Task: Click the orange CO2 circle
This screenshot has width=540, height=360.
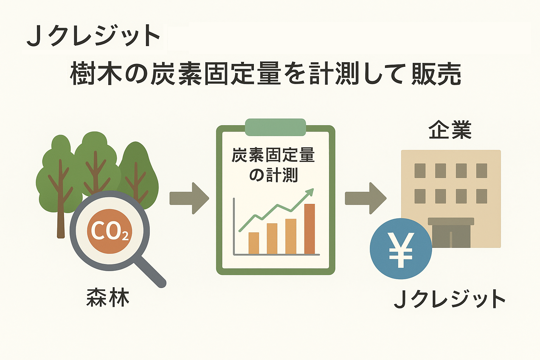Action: point(109,231)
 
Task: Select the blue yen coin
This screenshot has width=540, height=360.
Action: point(401,249)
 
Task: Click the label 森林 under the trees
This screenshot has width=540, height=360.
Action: point(108,298)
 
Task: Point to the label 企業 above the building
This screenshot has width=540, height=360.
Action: point(450,130)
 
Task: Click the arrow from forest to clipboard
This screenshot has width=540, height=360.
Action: point(189,198)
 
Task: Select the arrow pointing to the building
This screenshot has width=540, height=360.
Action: point(366,198)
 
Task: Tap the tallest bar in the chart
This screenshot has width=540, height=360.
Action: point(309,229)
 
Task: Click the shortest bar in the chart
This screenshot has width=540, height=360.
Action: point(253,243)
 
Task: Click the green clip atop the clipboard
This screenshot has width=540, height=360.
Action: point(275,127)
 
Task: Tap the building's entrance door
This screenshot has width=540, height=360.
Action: point(451,236)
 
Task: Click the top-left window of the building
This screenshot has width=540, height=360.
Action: point(420,171)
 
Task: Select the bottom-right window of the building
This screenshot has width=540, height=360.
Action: point(482,196)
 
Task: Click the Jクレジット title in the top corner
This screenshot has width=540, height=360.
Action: point(93,36)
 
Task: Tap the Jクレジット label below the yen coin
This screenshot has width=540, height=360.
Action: point(450,299)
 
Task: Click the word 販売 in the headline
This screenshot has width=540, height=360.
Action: point(436,73)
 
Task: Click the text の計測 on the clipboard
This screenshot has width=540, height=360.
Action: point(274,175)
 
